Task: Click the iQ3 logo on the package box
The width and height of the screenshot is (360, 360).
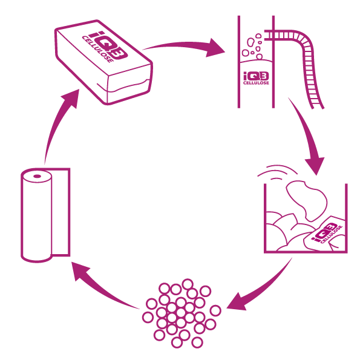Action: pyautogui.click(x=108, y=45)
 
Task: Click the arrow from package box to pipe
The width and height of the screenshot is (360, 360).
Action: pyautogui.click(x=184, y=46)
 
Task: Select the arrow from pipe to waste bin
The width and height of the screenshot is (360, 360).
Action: pyautogui.click(x=307, y=136)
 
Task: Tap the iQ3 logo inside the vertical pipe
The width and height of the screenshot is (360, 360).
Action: pyautogui.click(x=256, y=76)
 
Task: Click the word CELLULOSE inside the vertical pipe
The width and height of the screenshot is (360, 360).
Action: pyautogui.click(x=256, y=83)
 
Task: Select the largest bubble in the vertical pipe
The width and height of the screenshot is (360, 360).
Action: pyautogui.click(x=251, y=42)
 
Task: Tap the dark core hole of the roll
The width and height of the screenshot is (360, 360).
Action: pyautogui.click(x=37, y=176)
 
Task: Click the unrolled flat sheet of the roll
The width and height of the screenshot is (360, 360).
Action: pyautogui.click(x=61, y=212)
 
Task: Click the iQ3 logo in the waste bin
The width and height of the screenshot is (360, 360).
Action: pyautogui.click(x=324, y=232)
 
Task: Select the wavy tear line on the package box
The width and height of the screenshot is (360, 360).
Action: pyautogui.click(x=124, y=86)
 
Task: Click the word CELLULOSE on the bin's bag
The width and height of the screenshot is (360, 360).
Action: pyautogui.click(x=332, y=235)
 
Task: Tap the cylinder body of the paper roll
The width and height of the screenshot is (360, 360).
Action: pyautogui.click(x=36, y=216)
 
